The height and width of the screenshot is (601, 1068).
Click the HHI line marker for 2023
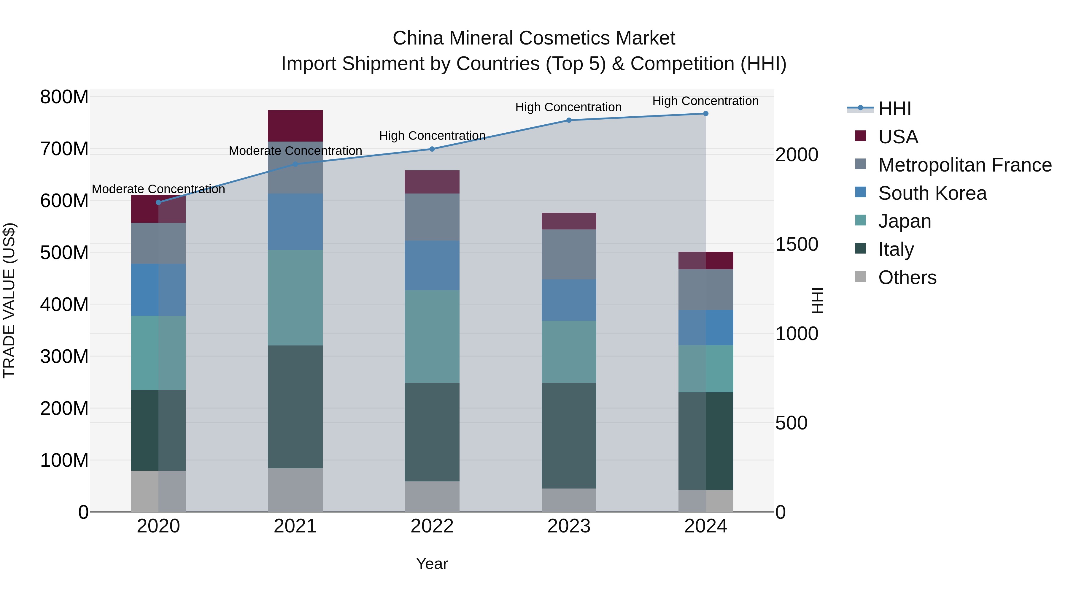(x=569, y=120)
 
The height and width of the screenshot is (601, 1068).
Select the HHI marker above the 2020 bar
(x=158, y=202)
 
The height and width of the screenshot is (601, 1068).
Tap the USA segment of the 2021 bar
(x=295, y=126)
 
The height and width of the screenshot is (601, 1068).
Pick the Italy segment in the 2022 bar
(x=432, y=432)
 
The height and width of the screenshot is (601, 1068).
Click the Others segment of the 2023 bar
(x=569, y=500)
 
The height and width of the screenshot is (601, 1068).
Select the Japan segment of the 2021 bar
(x=295, y=297)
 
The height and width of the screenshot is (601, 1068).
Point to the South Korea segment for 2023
(x=569, y=300)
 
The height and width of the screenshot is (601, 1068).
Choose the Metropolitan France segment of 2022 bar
(x=432, y=217)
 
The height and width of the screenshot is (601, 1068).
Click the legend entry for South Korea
(x=932, y=193)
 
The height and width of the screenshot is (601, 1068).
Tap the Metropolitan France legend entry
(x=964, y=165)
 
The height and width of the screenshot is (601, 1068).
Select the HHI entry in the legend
(x=894, y=109)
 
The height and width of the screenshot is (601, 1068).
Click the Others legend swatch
(x=861, y=277)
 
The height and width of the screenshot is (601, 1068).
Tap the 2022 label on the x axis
(x=432, y=526)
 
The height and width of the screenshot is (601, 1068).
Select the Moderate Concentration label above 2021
(x=295, y=150)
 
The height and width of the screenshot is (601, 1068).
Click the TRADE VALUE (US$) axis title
(x=9, y=300)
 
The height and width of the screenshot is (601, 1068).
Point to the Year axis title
(x=432, y=564)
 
